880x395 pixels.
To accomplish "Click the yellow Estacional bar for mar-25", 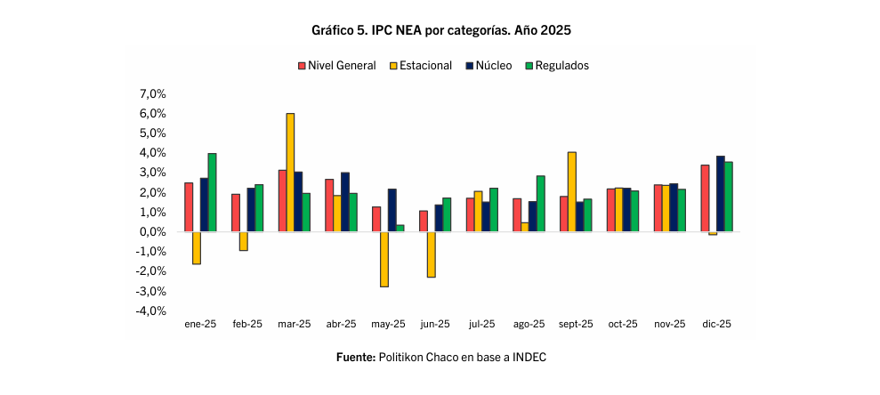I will click(x=290, y=173).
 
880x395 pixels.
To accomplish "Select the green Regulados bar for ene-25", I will click(x=212, y=192).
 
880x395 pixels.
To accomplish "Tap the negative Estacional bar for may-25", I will click(x=383, y=259).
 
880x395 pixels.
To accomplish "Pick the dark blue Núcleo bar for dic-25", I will click(x=720, y=194).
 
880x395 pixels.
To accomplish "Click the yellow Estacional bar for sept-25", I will click(x=571, y=192).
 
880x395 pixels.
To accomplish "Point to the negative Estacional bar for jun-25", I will click(x=431, y=254).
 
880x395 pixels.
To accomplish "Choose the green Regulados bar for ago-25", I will click(x=540, y=204).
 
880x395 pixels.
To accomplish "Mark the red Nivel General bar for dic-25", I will click(x=705, y=198).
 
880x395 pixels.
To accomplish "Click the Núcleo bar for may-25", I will click(x=392, y=210).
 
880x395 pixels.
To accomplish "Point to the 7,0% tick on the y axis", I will click(x=153, y=94).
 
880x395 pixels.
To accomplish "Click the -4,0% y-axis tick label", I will click(x=151, y=311).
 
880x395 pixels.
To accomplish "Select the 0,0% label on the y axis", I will click(x=153, y=232).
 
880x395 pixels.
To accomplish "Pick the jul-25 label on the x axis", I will click(x=480, y=325).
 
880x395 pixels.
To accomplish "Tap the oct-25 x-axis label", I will click(x=621, y=325).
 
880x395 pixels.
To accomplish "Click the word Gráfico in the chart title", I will click(x=334, y=29).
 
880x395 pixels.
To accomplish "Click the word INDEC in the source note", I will click(x=527, y=358).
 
